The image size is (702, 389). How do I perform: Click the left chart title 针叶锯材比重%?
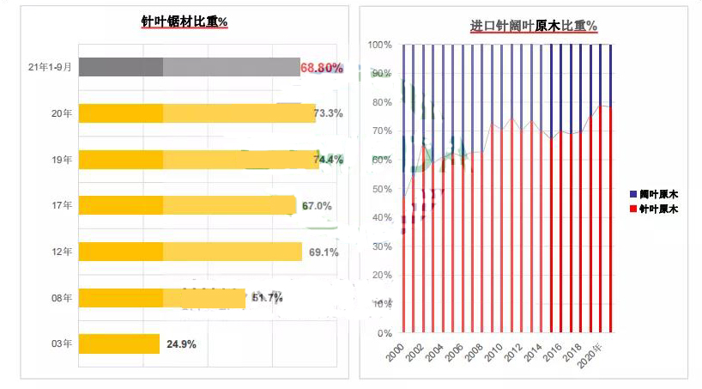pyautogui.click(x=185, y=21)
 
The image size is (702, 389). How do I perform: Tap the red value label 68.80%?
pyautogui.click(x=322, y=67)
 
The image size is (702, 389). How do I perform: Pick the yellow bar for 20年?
pyautogui.click(x=197, y=113)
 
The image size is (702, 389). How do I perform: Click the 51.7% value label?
pyautogui.click(x=267, y=298)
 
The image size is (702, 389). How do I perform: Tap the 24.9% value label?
pyautogui.click(x=181, y=344)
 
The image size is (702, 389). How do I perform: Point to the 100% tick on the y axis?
pyautogui.click(x=380, y=45)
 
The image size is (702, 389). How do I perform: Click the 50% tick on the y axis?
pyautogui.click(x=382, y=189)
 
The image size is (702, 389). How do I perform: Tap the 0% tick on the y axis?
pyautogui.click(x=384, y=333)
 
